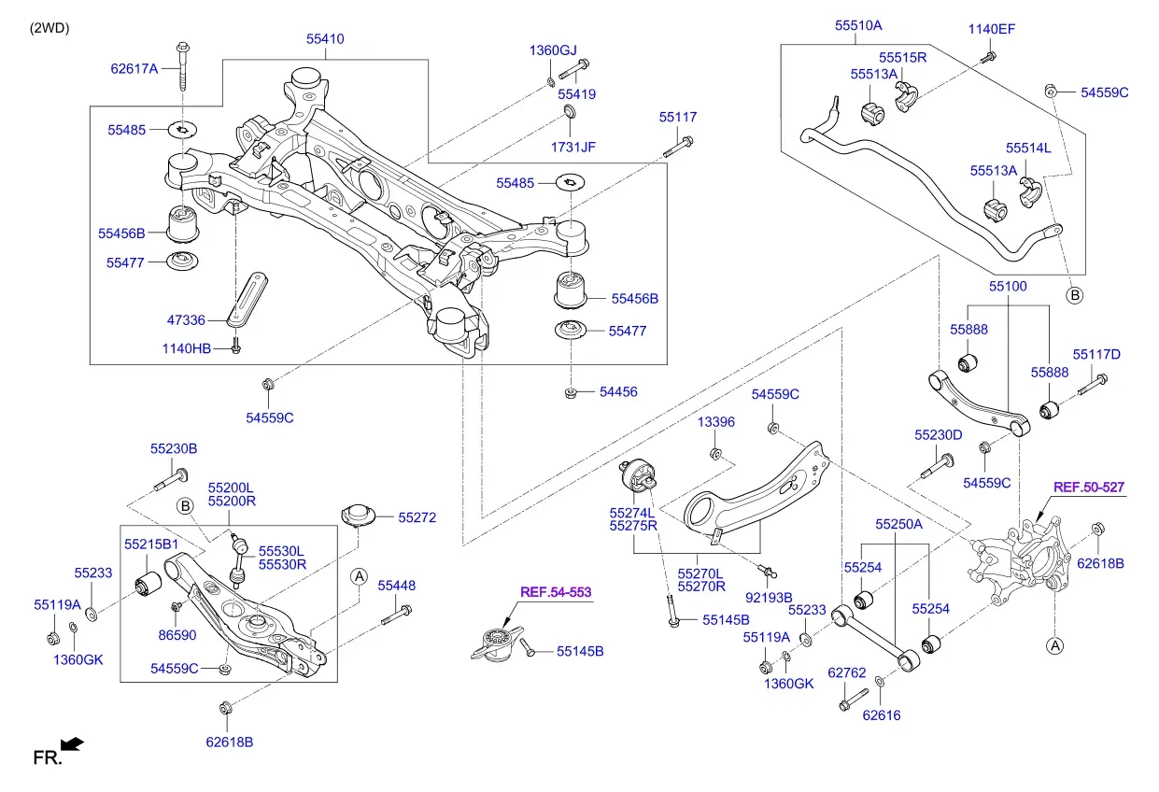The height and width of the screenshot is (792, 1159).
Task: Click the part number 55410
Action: [325, 39]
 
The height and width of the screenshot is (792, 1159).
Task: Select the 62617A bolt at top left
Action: [183, 65]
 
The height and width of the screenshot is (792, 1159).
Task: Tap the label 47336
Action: [186, 320]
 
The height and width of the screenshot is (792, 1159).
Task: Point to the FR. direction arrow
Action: [72, 744]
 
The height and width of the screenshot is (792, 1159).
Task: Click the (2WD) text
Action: [49, 28]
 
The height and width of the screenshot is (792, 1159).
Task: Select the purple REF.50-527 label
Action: [1089, 488]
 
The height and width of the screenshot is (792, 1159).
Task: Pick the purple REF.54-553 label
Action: [556, 592]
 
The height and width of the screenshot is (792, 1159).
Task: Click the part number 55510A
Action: [858, 25]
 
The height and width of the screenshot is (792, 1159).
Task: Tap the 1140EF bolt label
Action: [991, 29]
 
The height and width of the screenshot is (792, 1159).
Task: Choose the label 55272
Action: [417, 517]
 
